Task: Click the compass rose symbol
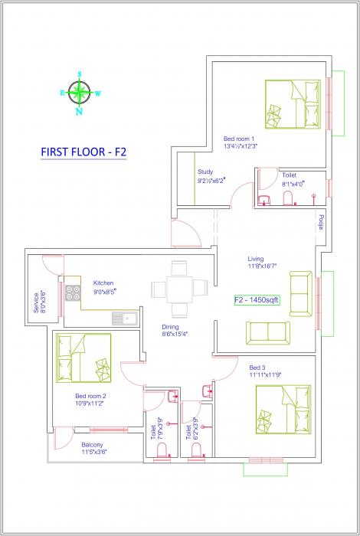point(79,93)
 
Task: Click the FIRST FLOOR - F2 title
point(83,152)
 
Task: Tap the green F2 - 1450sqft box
point(257,301)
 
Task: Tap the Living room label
point(261,262)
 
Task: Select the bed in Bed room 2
point(83,358)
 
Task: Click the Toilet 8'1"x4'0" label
point(293,180)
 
